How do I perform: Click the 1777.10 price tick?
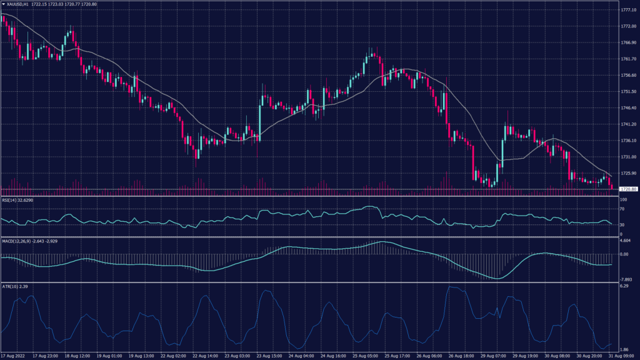pyautogui.click(x=627, y=10)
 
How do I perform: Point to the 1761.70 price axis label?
pyautogui.click(x=627, y=59)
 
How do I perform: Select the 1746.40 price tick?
pyautogui.click(x=627, y=107)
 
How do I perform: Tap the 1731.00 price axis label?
pyautogui.click(x=627, y=156)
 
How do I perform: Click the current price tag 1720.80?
pyautogui.click(x=627, y=189)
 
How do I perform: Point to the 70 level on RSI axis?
pyautogui.click(x=622, y=209)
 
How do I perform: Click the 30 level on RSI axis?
pyautogui.click(x=622, y=224)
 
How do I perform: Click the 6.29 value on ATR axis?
pyautogui.click(x=624, y=286)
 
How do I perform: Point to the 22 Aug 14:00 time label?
pyautogui.click(x=204, y=356)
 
